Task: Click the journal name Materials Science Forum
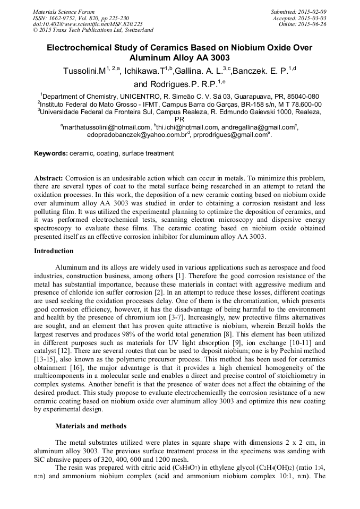tap(64, 11)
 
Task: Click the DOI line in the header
tap(88, 24)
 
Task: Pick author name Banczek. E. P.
tap(261, 71)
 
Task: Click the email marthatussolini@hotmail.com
tap(107, 127)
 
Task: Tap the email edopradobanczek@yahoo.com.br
tap(135, 135)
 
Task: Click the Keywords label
tap(51, 153)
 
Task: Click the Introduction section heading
tap(54, 251)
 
